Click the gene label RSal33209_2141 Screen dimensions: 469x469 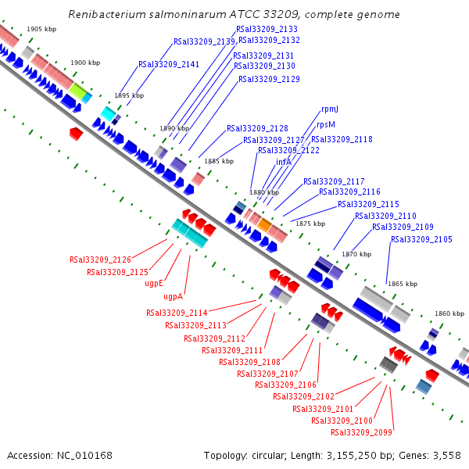[169, 65]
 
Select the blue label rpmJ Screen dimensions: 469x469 [330, 109]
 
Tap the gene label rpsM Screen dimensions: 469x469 [326, 124]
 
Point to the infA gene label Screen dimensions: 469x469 [283, 162]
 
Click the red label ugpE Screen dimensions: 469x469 [153, 284]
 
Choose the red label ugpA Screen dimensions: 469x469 [173, 297]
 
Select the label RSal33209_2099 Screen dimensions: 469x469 [361, 432]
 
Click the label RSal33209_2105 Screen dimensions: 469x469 [421, 239]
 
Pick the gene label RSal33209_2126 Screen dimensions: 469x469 [100, 260]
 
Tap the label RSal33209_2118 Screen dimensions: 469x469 [342, 139]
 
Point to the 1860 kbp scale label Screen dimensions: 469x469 [449, 313]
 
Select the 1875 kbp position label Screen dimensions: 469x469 [310, 224]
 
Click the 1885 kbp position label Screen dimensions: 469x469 [218, 161]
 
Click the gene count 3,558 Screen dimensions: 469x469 [446, 455]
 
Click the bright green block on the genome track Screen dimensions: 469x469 [77, 91]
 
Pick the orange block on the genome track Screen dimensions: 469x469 [265, 225]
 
